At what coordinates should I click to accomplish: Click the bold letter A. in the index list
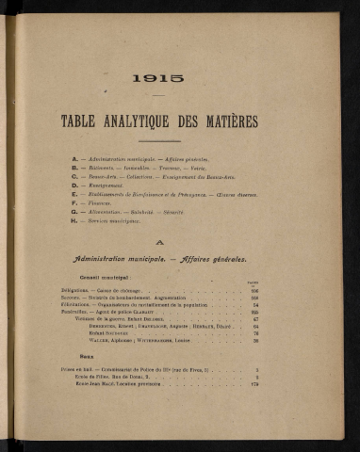[74, 159]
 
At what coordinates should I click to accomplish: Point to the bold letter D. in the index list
[74, 186]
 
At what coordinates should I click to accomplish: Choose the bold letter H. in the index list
[74, 221]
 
